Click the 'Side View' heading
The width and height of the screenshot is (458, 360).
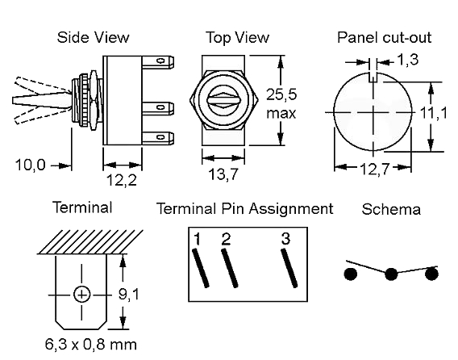(93, 37)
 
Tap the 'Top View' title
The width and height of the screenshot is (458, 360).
(238, 38)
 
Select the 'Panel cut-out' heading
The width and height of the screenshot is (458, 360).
(384, 37)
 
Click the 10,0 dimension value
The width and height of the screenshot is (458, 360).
(31, 165)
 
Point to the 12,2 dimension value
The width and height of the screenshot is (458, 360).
(122, 180)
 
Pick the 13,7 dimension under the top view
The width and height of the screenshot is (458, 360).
(223, 174)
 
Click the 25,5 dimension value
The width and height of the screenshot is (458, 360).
(281, 94)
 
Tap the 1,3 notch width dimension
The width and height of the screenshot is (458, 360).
(408, 60)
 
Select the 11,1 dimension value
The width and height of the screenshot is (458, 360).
(433, 112)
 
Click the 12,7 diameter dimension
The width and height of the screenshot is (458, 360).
(375, 169)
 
